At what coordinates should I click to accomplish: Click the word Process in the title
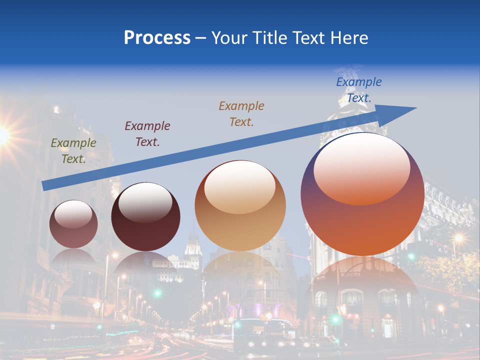pos(157,38)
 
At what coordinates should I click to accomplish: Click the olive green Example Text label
pos(73,151)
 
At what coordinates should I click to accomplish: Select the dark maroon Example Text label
pos(147,134)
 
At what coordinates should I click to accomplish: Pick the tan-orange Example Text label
pos(241,114)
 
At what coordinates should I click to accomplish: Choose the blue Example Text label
pos(358,90)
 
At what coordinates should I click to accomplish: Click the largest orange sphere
pos(362,220)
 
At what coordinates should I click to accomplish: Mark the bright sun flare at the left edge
pos(2,134)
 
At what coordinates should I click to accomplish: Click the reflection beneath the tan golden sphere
pos(241,275)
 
